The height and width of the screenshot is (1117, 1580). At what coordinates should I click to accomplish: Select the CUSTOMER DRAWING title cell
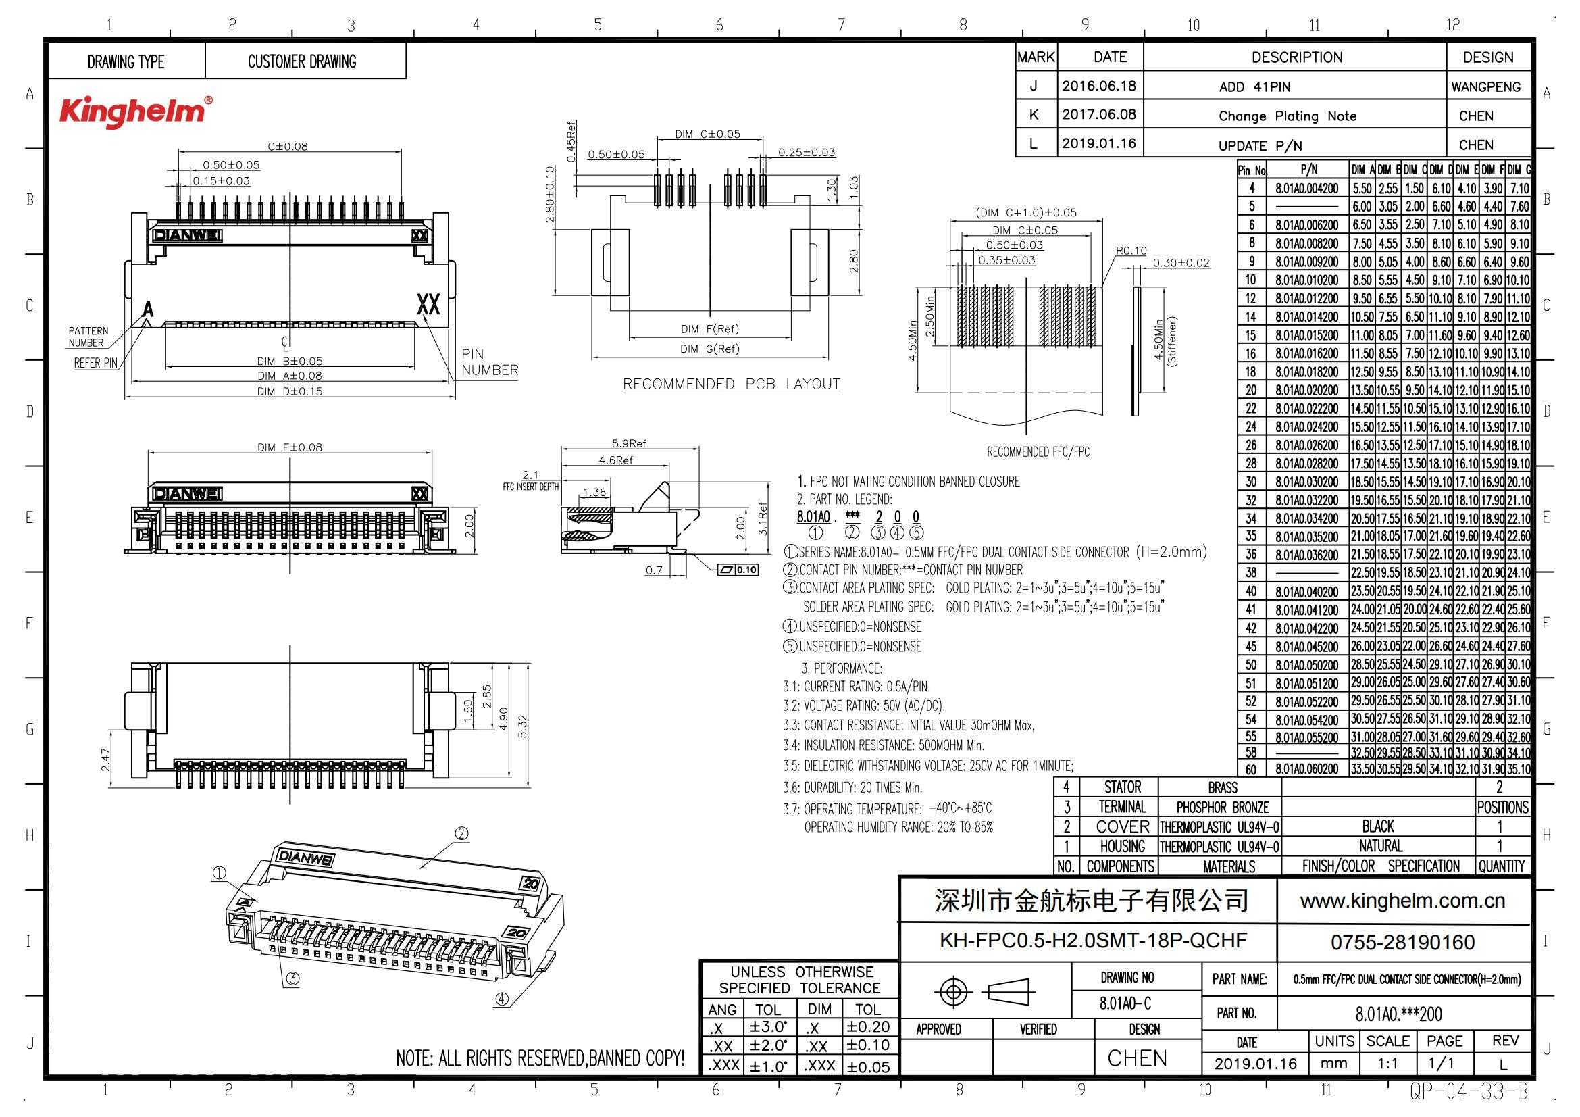click(x=302, y=62)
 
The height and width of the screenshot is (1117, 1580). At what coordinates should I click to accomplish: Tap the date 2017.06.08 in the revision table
click(x=1098, y=114)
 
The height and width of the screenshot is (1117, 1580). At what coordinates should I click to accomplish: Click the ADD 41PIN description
click(x=1254, y=86)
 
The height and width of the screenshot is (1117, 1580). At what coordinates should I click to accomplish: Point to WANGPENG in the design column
click(x=1485, y=86)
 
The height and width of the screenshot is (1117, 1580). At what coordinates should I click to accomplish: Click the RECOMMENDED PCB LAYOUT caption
click(x=731, y=384)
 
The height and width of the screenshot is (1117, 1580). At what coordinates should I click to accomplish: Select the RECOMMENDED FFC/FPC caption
click(x=1038, y=452)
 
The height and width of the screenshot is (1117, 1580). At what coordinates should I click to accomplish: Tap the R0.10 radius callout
click(x=1131, y=251)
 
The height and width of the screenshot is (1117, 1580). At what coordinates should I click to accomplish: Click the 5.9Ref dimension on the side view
click(x=629, y=444)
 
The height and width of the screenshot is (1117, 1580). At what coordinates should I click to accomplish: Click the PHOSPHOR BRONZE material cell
click(x=1222, y=808)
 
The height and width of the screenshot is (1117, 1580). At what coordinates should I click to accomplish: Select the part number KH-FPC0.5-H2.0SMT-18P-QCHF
click(x=1093, y=941)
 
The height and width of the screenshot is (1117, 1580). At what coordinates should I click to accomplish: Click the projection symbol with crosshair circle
click(x=953, y=992)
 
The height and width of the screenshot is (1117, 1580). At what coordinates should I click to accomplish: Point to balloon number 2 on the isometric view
click(x=462, y=833)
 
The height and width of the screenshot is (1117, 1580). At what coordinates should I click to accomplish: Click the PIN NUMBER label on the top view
click(x=489, y=362)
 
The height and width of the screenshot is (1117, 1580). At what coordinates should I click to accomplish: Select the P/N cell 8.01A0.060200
click(x=1306, y=770)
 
